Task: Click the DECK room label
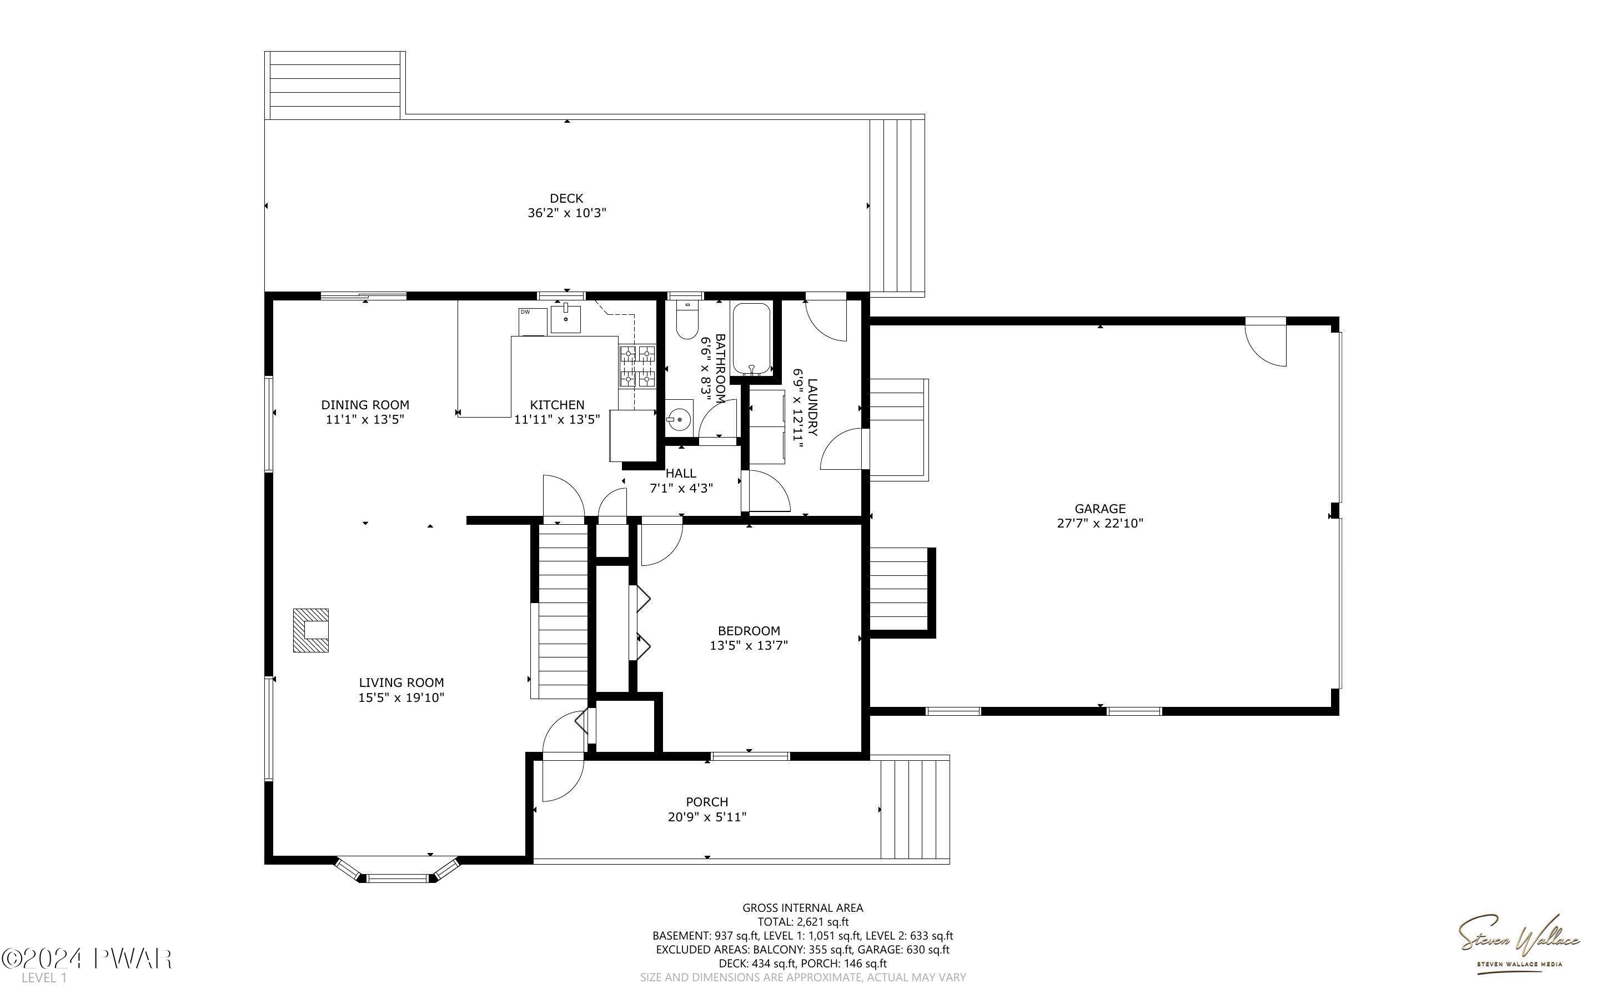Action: pyautogui.click(x=566, y=198)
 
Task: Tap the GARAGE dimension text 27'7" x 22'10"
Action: pyautogui.click(x=1100, y=523)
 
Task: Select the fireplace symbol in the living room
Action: pyautogui.click(x=312, y=630)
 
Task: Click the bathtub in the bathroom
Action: pyautogui.click(x=751, y=339)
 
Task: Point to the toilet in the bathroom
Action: pyautogui.click(x=686, y=321)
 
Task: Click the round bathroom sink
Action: pyautogui.click(x=679, y=420)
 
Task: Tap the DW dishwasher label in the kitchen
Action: pyautogui.click(x=525, y=312)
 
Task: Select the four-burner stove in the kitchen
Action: pyautogui.click(x=637, y=367)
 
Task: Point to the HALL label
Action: pyautogui.click(x=681, y=474)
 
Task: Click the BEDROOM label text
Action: pyautogui.click(x=749, y=631)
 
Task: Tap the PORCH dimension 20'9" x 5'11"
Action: pyautogui.click(x=707, y=817)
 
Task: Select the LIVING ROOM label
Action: pyautogui.click(x=401, y=682)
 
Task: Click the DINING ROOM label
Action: pyautogui.click(x=365, y=405)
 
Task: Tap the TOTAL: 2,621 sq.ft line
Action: pyautogui.click(x=802, y=922)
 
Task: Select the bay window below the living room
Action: pyautogui.click(x=397, y=871)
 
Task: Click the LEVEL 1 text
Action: pyautogui.click(x=44, y=978)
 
